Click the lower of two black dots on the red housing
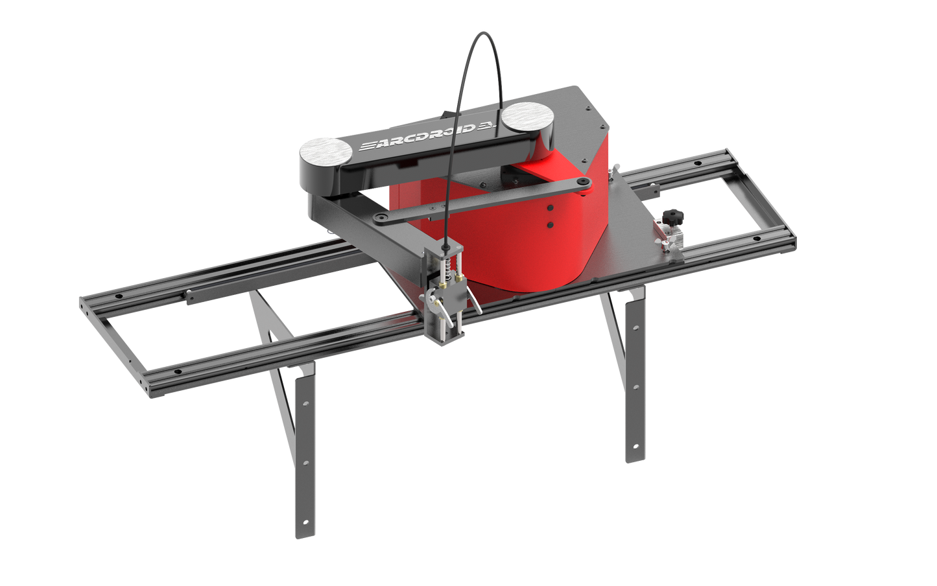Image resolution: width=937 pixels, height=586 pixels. (550, 224)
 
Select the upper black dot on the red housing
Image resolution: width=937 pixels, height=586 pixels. (549, 209)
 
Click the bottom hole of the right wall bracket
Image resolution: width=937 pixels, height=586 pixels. (635, 447)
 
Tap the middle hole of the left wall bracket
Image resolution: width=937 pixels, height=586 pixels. (305, 463)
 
